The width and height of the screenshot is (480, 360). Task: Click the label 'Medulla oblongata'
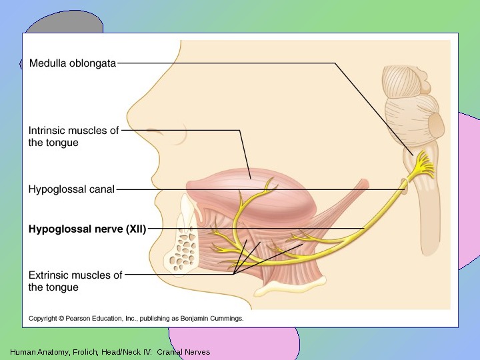point(73,63)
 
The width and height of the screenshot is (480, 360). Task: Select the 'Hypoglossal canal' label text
point(71,189)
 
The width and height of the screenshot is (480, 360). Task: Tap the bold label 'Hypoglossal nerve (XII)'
point(87,229)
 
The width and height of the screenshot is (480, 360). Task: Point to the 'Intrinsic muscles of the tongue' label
point(73,137)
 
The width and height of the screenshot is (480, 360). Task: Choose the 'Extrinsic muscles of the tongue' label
point(75,281)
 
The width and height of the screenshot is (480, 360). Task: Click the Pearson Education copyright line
point(136,319)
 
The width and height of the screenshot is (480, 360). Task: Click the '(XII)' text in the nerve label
point(135,229)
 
